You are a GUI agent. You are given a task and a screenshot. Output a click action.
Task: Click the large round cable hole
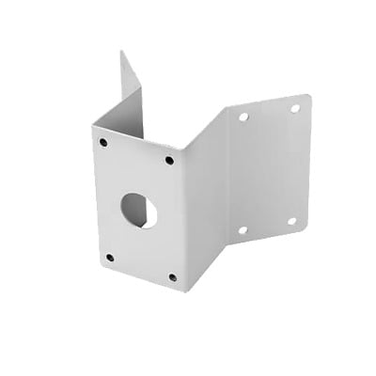coord(139,210)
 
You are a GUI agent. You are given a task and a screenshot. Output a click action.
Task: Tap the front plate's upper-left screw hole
coord(103,143)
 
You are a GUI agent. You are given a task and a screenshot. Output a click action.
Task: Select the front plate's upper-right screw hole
coord(169,160)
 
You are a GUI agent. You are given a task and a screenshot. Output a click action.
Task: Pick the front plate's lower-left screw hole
coord(110,257)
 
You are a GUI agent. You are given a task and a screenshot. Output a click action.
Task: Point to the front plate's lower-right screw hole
coord(172,277)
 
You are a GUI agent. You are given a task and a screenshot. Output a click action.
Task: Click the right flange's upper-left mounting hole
coord(243,117)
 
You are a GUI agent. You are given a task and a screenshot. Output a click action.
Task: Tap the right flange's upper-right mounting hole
coord(294,108)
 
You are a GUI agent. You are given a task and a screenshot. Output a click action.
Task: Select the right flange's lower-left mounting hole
coord(242,229)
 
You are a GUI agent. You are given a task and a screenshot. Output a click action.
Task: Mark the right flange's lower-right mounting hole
coord(290,221)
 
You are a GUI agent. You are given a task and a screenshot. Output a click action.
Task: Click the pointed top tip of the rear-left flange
coord(121,52)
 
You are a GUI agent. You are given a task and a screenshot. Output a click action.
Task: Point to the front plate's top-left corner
coord(93,127)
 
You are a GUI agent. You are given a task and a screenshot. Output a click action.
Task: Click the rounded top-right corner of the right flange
coord(308,96)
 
